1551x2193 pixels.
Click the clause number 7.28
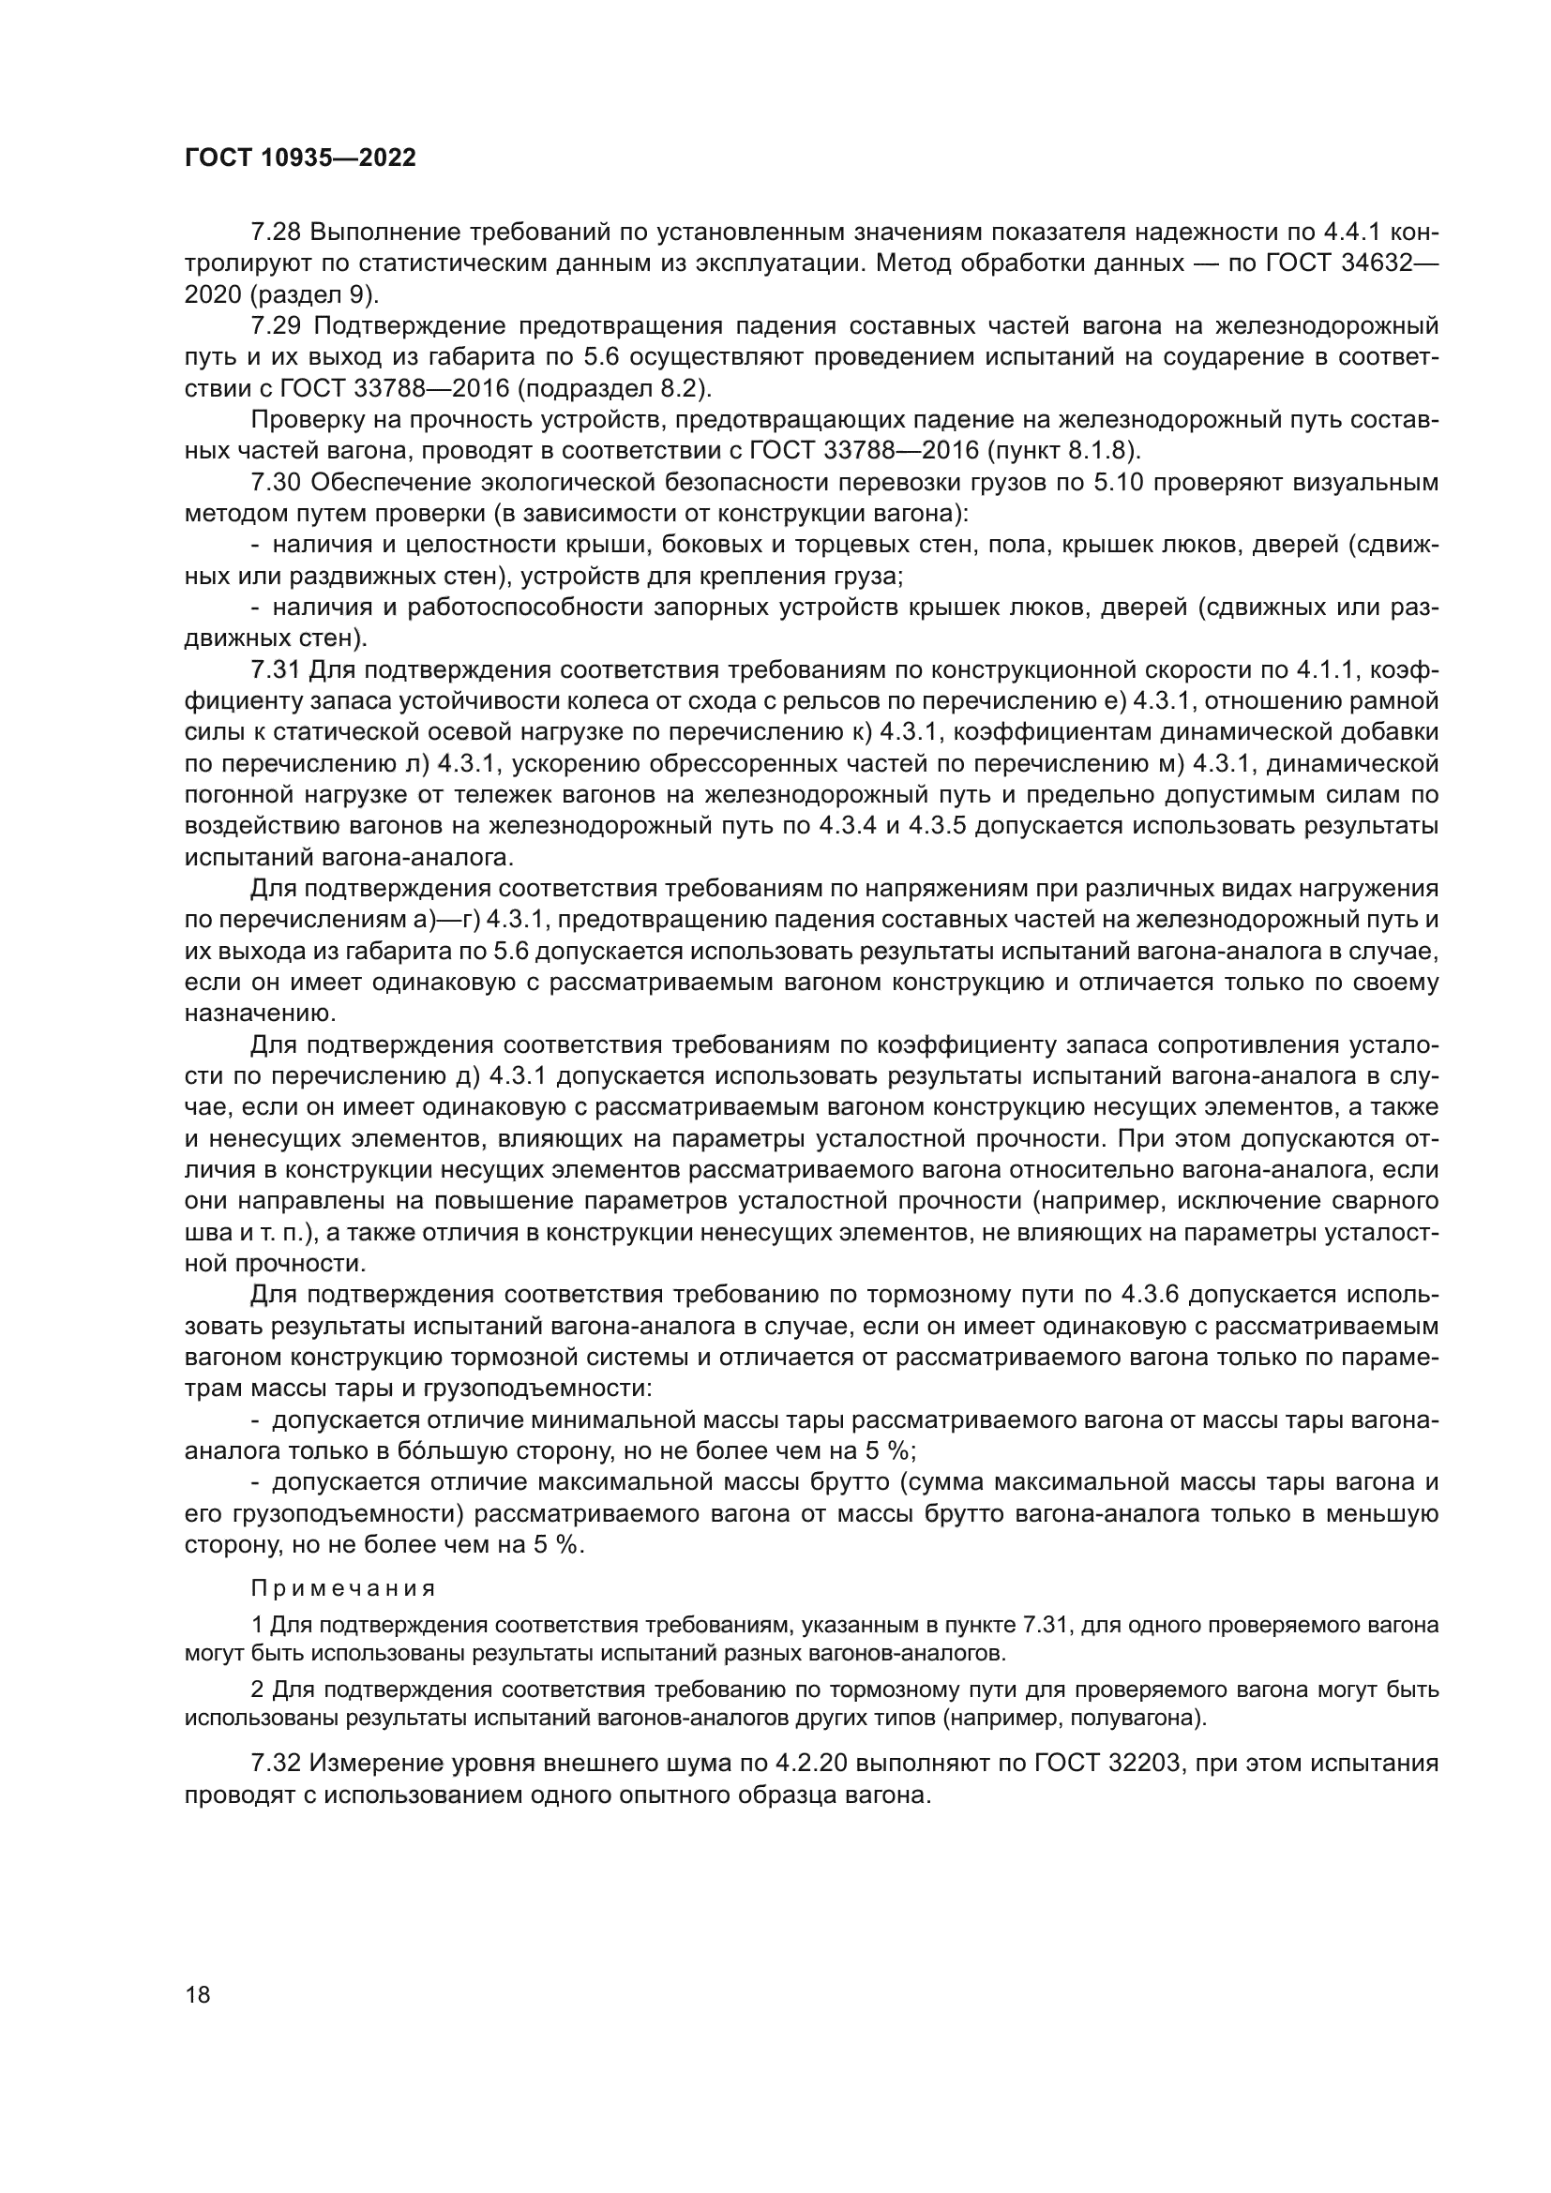276,233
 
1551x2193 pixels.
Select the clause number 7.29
276,326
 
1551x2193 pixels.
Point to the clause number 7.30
276,483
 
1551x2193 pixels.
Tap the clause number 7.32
276,1764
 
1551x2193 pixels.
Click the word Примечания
344,1588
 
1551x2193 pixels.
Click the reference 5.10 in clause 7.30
1120,483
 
